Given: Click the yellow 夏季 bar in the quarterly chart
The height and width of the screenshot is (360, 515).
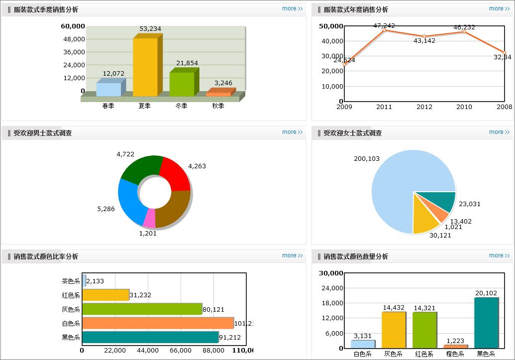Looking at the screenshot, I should (x=145, y=67).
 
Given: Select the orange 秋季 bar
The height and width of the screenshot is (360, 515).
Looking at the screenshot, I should (x=218, y=94).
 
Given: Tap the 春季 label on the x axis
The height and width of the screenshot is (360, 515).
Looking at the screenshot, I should (x=108, y=106).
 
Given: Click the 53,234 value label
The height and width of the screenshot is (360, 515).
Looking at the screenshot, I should (x=150, y=29).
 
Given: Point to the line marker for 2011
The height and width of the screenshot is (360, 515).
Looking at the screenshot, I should (x=384, y=30).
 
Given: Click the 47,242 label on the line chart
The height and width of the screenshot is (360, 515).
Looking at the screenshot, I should (x=384, y=25).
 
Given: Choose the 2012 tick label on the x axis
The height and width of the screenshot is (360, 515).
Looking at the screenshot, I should (x=424, y=107).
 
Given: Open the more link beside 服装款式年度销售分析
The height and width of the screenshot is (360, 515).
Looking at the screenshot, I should (x=500, y=8).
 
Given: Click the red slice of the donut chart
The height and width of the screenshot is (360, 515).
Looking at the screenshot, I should (x=175, y=174).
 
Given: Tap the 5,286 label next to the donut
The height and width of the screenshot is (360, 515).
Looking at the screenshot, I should (x=106, y=209).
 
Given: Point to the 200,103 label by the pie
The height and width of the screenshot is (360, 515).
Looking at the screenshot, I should (x=367, y=159).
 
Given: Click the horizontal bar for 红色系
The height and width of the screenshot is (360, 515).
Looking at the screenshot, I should (x=105, y=295).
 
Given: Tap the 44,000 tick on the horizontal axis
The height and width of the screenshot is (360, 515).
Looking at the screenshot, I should (x=148, y=351).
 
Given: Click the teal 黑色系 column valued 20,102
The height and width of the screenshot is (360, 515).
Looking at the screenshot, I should (x=486, y=323).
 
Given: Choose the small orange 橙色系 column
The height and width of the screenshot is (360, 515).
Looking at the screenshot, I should (x=455, y=346).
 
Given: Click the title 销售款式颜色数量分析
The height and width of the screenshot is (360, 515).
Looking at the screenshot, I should (x=356, y=256).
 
